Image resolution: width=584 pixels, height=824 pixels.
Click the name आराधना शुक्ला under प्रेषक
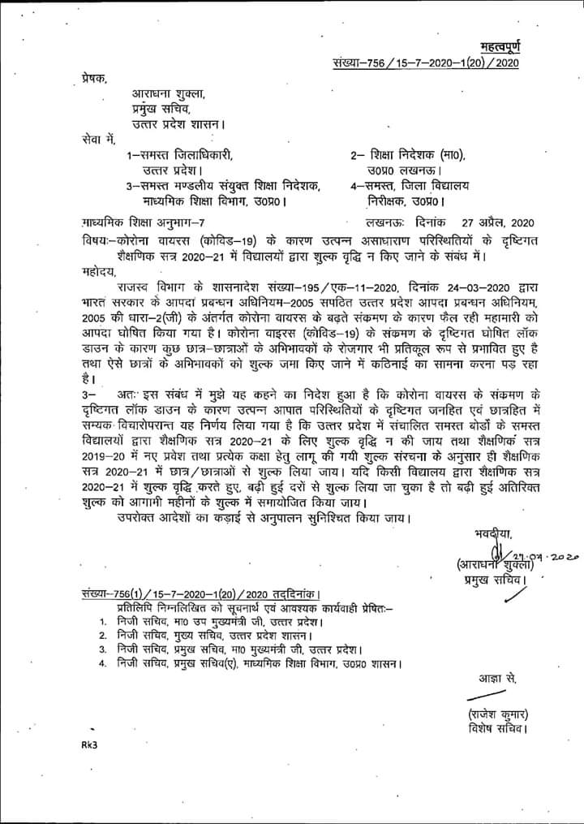163,94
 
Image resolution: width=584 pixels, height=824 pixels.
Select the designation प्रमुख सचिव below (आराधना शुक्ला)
486,581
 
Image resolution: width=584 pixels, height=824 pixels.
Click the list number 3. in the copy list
102,649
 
